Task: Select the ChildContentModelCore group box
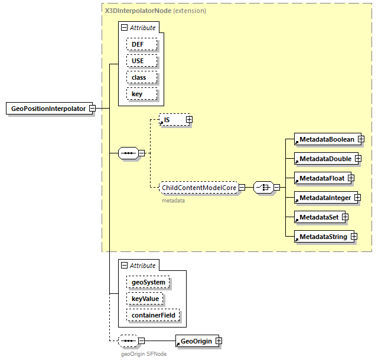coord(199,187)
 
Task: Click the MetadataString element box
coord(322,237)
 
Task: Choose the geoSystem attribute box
coord(148,283)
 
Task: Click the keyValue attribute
coord(145,299)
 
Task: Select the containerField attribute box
coord(153,316)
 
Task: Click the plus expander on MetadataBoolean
coord(360,139)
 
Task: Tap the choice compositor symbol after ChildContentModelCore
coord(262,187)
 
